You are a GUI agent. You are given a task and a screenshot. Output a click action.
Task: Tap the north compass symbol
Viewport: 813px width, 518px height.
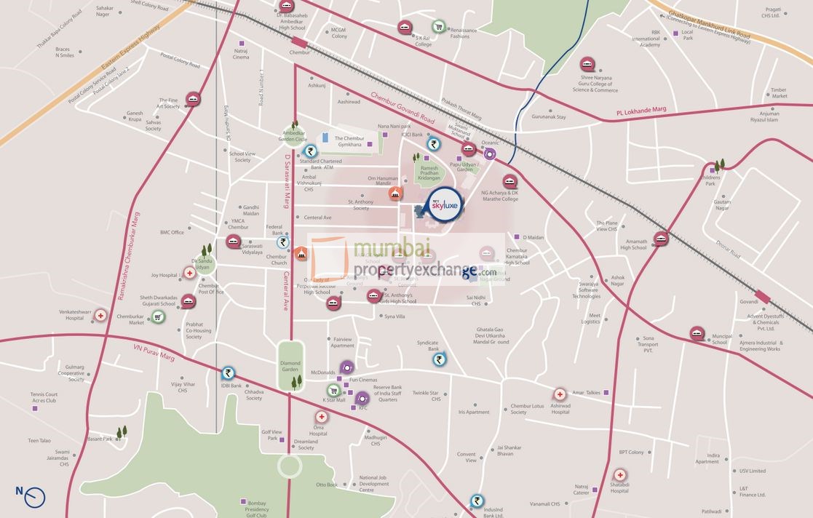coord(33,497)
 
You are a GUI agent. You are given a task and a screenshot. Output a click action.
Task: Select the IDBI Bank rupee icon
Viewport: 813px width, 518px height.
coord(229,373)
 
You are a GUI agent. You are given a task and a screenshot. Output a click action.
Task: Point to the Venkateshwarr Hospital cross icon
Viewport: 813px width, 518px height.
coord(100,316)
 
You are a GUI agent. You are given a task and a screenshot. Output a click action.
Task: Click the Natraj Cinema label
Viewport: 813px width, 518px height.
coord(241,54)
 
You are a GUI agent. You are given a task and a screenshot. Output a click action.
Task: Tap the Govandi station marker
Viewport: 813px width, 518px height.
coord(764,296)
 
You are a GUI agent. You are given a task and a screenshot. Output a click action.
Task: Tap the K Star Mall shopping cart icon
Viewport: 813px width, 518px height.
coord(333,391)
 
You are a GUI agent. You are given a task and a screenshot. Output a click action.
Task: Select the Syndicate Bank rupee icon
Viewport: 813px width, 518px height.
coord(439,359)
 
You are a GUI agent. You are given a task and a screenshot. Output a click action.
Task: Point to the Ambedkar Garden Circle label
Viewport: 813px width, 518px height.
coord(296,135)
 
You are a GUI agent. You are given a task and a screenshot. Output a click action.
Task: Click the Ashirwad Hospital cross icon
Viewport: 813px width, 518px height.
coord(560,394)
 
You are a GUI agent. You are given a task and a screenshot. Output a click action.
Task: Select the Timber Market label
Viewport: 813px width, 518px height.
coord(779,92)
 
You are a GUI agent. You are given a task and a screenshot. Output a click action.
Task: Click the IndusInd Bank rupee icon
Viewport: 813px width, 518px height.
coord(476,501)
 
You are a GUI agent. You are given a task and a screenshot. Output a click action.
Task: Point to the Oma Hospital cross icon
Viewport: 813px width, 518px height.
coord(320,417)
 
